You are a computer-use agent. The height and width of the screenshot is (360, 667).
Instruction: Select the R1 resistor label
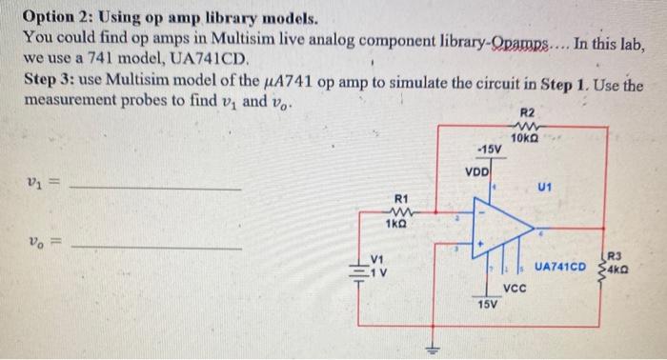click(403, 199)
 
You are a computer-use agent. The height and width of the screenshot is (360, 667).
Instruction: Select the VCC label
click(516, 285)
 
